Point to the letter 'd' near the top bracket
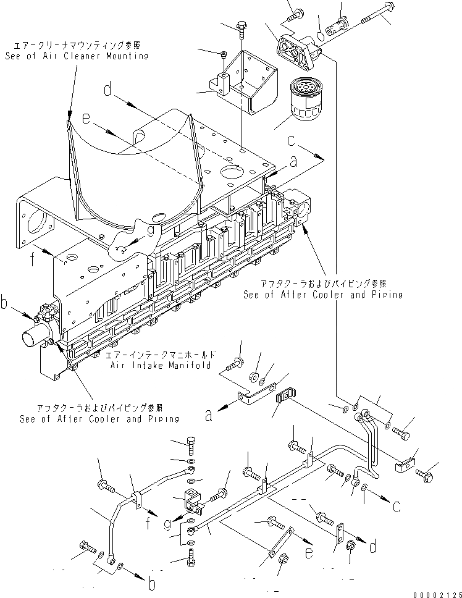click(107, 91)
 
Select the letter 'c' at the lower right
click(396, 505)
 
